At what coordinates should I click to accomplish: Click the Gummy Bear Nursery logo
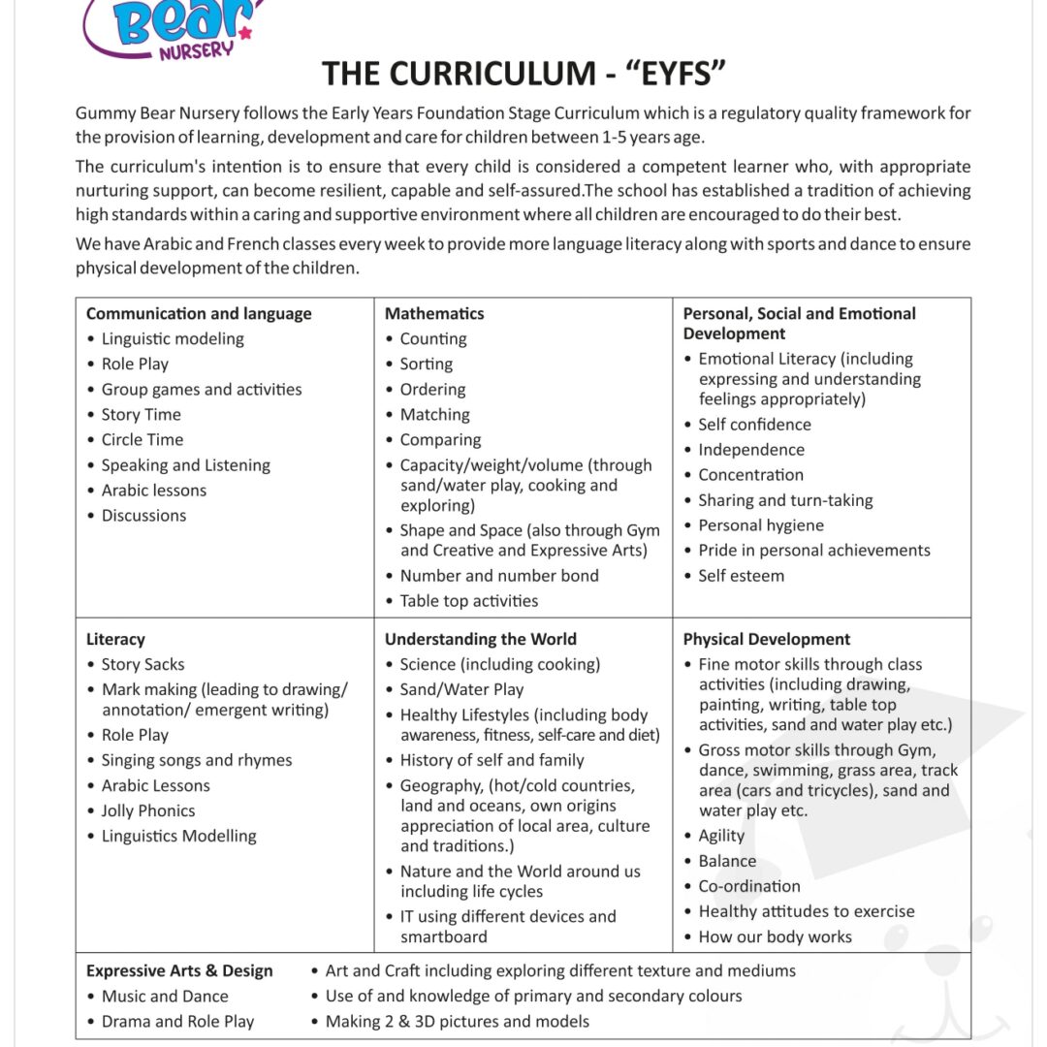click(x=173, y=27)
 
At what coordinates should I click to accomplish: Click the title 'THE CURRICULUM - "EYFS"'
click(x=523, y=74)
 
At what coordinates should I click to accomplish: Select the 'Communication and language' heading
click(x=199, y=313)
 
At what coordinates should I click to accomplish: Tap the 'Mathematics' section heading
click(x=434, y=313)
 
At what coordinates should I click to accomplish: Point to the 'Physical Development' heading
click(x=766, y=639)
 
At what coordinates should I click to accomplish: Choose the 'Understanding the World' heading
click(x=480, y=639)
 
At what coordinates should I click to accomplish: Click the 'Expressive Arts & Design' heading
click(x=179, y=970)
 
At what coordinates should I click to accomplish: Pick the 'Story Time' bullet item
click(x=142, y=414)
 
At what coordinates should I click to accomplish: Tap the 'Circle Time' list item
click(x=143, y=439)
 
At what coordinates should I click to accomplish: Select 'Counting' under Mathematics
click(x=433, y=338)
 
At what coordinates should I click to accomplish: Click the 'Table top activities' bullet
click(x=469, y=600)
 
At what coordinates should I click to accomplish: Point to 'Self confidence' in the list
click(x=754, y=424)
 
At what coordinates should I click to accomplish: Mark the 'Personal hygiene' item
click(x=761, y=524)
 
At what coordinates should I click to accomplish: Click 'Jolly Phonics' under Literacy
click(x=148, y=810)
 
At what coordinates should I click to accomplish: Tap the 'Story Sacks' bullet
click(x=143, y=664)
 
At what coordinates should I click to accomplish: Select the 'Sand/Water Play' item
click(x=461, y=689)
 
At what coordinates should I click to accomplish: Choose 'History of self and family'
click(x=492, y=760)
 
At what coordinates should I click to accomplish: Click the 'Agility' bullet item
click(x=721, y=836)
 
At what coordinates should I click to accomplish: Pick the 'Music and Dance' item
click(x=165, y=996)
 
